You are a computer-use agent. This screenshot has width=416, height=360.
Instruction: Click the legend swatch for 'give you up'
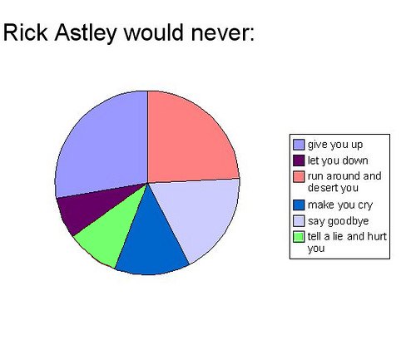[x=299, y=145]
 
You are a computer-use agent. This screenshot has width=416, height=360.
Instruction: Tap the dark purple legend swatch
[x=299, y=160]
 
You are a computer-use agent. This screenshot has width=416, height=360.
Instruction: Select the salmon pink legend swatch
[x=299, y=175]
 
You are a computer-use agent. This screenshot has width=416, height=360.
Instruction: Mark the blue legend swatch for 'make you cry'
[x=299, y=205]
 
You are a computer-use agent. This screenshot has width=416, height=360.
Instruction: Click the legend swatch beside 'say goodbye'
[x=299, y=220]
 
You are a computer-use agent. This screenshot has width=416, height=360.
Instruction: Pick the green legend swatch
[x=299, y=235]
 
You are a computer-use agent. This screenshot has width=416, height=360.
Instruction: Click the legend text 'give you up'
[x=334, y=145]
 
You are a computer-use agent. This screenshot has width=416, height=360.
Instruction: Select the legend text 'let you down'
[x=337, y=160]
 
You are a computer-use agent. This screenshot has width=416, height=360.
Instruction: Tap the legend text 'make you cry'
[x=338, y=205]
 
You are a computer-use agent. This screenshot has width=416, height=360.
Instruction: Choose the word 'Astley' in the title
[x=87, y=34]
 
